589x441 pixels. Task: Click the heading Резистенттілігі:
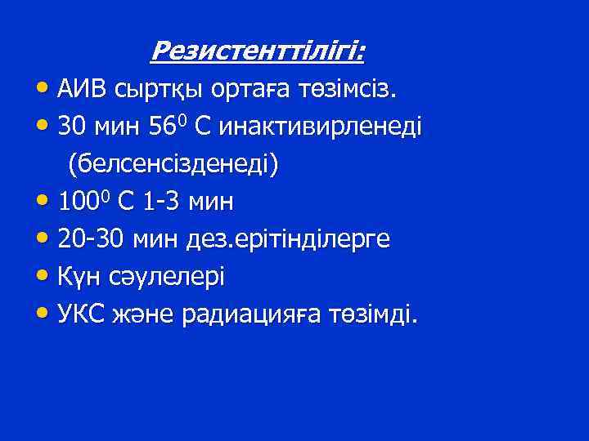259,53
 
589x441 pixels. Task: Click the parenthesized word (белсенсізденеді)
173,164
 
